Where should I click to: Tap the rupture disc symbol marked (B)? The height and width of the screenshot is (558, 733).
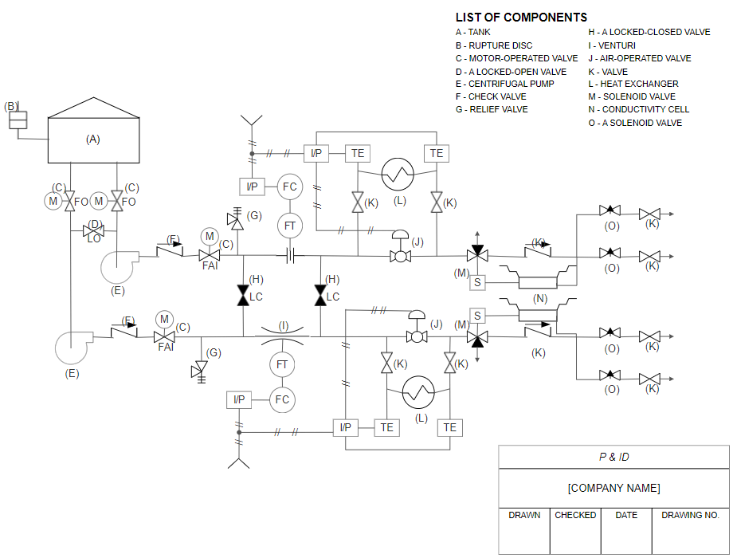click(x=18, y=120)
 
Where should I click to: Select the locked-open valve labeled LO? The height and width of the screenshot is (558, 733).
click(x=94, y=232)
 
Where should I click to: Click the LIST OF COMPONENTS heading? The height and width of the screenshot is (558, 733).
click(x=521, y=18)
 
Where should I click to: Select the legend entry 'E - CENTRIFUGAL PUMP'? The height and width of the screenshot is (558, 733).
click(x=505, y=84)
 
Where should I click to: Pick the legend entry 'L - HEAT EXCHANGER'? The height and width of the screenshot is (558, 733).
click(x=633, y=84)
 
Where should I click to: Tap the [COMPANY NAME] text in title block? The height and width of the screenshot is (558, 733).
click(x=613, y=488)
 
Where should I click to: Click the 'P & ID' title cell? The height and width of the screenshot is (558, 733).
click(x=613, y=458)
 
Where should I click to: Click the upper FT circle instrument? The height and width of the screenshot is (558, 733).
click(x=290, y=226)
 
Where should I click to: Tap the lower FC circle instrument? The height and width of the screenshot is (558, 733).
click(x=282, y=399)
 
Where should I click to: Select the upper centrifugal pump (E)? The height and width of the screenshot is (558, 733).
click(x=119, y=267)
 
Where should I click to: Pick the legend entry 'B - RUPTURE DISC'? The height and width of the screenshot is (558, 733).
click(x=494, y=45)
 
